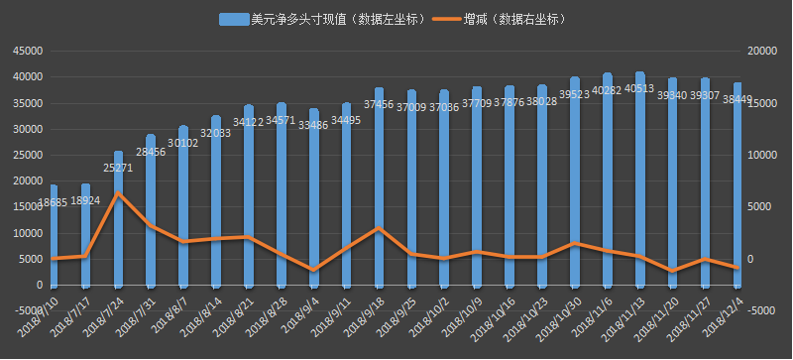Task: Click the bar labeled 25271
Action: (x=119, y=223)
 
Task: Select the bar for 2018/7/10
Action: (x=54, y=238)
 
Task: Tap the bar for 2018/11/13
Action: (x=640, y=179)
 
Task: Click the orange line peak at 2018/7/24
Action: (x=119, y=192)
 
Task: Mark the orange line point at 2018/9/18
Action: (x=380, y=228)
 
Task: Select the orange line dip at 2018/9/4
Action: (x=314, y=270)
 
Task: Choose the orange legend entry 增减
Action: (x=501, y=19)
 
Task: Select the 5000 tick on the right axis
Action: (x=757, y=207)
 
